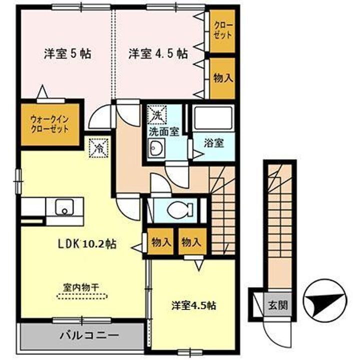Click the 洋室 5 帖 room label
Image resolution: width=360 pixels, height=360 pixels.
click(67, 53)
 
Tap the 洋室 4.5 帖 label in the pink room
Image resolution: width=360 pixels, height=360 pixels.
click(157, 53)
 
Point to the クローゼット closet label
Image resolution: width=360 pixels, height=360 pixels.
click(222, 30)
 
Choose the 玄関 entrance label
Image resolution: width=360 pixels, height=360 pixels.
click(273, 305)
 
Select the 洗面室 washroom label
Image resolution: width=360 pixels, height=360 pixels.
click(162, 132)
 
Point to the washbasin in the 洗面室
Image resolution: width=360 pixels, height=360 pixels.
click(156, 149)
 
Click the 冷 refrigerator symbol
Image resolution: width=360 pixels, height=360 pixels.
click(98, 148)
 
